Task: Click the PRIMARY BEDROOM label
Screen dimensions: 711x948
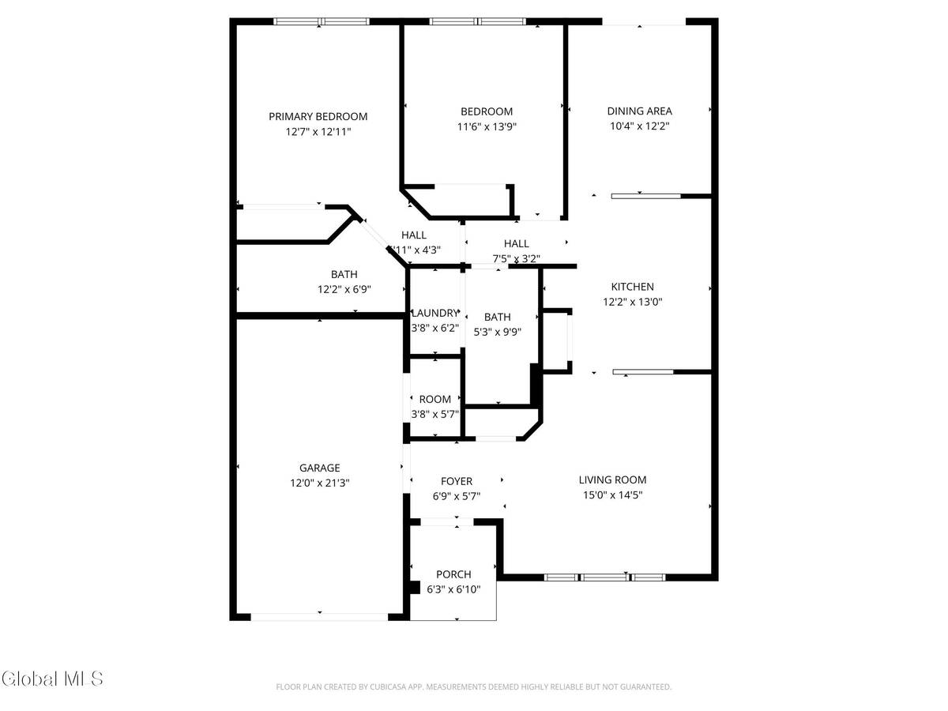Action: pos(318,116)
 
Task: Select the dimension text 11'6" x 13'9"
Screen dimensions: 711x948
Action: pos(487,126)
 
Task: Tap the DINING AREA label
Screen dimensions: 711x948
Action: pos(639,111)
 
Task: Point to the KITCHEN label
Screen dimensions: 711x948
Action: pos(632,287)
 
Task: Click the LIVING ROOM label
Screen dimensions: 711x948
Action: pos(612,480)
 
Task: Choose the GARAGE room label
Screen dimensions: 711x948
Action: pos(319,468)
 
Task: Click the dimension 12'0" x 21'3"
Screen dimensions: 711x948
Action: pos(319,483)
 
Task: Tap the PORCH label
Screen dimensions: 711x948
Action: pos(453,574)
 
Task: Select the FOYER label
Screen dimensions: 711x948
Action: pos(456,481)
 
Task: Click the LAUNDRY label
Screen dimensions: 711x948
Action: pos(434,313)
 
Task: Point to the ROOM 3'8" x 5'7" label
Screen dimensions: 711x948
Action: pos(434,400)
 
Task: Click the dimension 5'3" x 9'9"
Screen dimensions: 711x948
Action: pos(498,332)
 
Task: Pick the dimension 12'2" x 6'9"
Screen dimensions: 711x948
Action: pos(344,290)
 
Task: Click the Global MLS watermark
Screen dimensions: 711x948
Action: pos(52,678)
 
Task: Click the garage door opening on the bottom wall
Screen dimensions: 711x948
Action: pos(319,616)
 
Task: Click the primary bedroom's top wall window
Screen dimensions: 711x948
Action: pos(321,22)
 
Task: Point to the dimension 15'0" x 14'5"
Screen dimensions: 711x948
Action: pos(612,495)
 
